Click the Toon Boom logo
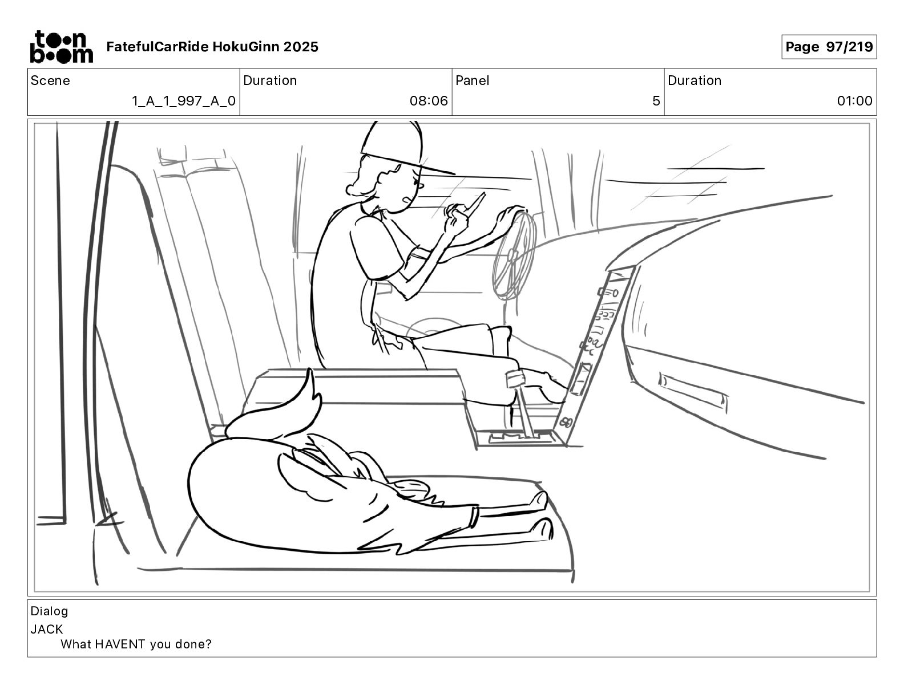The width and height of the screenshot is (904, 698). pos(60,47)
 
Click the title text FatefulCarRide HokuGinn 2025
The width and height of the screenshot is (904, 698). pos(212,47)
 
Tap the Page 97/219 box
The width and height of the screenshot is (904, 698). pos(829,47)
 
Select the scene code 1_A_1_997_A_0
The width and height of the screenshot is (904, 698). pos(183,101)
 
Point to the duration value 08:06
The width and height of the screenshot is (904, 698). pos(428,101)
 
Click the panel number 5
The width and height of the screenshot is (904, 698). pos(656,101)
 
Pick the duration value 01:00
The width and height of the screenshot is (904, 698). pos(854,101)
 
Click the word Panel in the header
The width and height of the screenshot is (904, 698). pos(473,80)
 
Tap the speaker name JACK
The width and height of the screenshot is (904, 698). pos(47,630)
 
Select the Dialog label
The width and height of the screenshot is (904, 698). pos(49,611)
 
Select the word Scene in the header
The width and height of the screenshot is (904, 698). pos(50,80)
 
